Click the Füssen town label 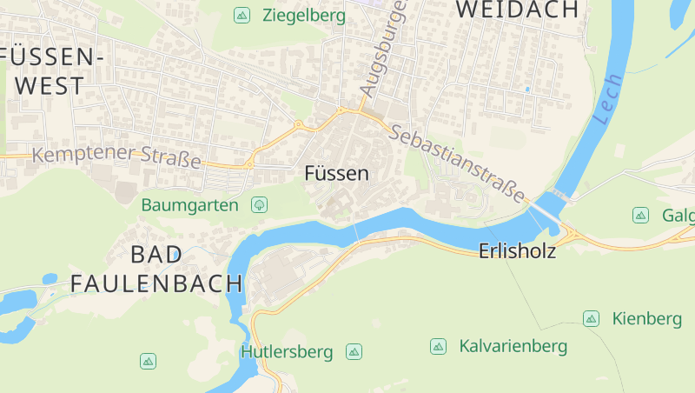(336, 174)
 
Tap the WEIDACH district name (517, 10)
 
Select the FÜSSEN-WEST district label (52, 71)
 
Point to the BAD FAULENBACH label (156, 269)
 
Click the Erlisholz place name (517, 251)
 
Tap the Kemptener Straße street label (116, 157)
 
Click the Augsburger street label (383, 50)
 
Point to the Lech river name (608, 97)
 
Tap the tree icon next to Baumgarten (258, 205)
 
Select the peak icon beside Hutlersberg (354, 351)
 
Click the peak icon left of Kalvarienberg (438, 347)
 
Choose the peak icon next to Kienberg (591, 319)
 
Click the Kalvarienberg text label (513, 347)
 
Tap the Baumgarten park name (189, 205)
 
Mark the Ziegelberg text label (303, 16)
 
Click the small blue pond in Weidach (526, 89)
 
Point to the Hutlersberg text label (287, 352)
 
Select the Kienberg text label (646, 319)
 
